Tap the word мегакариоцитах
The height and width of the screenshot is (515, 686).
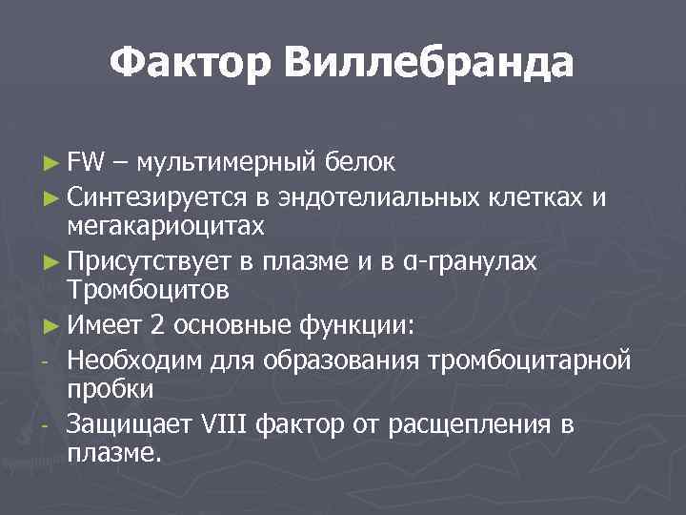pos(165,227)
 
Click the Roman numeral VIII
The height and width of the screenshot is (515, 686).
pos(225,424)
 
